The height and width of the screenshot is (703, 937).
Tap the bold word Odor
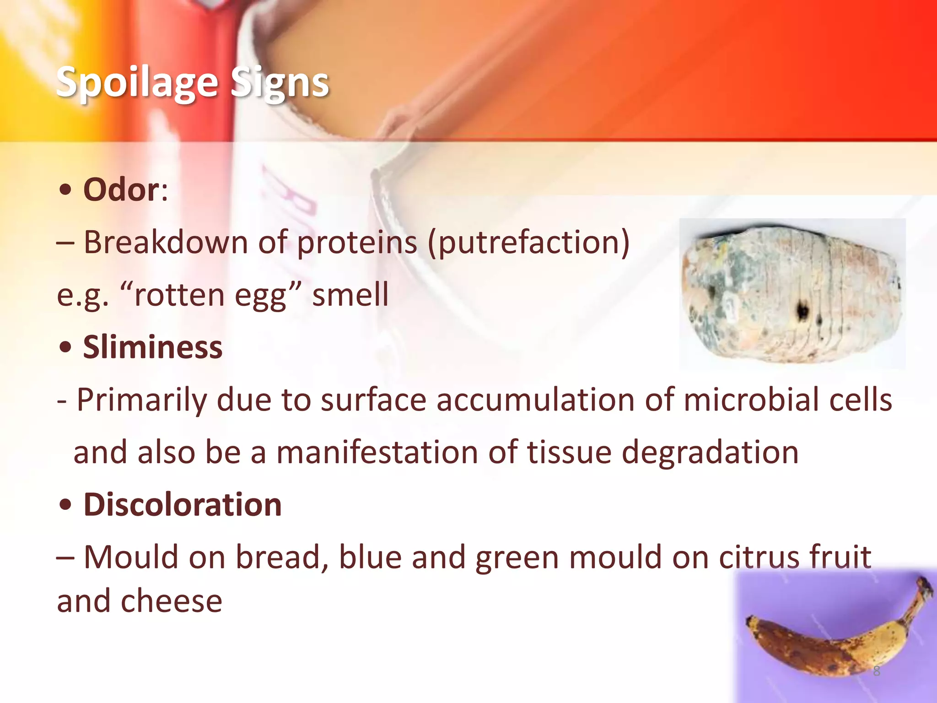tap(121, 189)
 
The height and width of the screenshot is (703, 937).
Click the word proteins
tap(357, 243)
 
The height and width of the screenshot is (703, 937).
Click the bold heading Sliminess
tap(152, 347)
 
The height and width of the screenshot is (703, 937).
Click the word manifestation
tap(377, 453)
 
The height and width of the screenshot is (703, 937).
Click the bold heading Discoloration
tap(182, 505)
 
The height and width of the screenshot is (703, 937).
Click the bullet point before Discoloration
tap(66, 505)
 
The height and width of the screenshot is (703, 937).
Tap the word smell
tap(350, 295)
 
